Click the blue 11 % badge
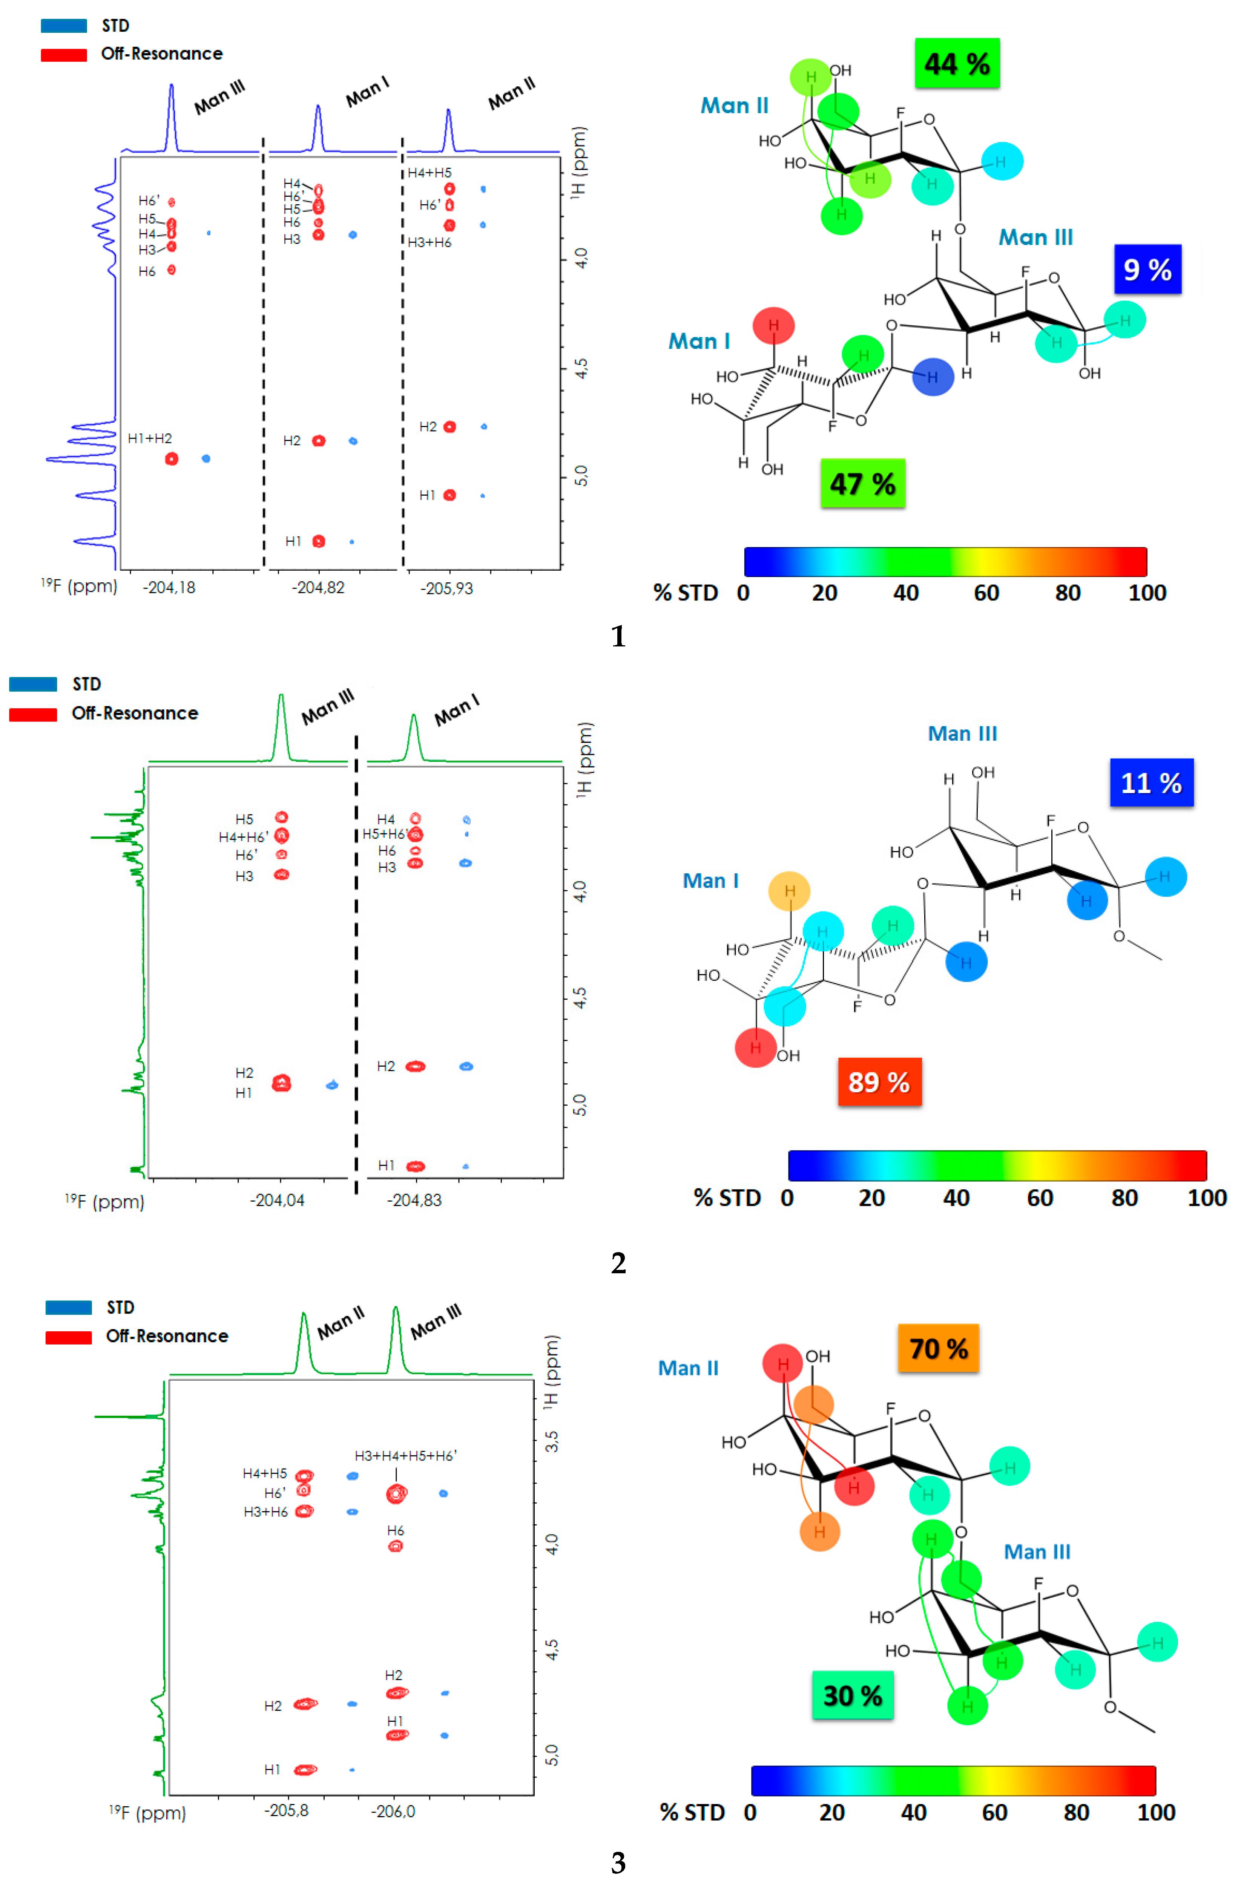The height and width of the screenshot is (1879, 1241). (x=1151, y=783)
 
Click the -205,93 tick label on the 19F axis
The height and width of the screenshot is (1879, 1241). (x=446, y=588)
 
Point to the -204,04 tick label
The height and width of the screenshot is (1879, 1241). (x=277, y=1200)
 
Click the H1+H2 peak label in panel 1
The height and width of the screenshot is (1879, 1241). (x=150, y=438)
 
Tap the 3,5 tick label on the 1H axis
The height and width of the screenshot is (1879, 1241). (x=552, y=1441)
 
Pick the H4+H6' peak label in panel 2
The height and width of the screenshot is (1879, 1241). (x=243, y=836)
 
